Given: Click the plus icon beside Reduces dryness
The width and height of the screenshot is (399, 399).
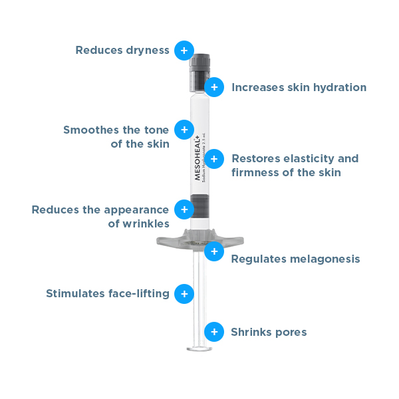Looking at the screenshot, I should [184, 51].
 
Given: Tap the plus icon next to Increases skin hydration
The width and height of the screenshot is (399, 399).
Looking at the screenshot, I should [213, 87].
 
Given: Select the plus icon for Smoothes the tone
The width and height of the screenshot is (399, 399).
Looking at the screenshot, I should [184, 130].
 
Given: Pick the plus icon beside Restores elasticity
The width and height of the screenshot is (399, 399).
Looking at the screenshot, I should [213, 158].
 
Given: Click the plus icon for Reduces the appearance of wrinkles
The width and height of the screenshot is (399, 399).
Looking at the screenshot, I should [184, 209].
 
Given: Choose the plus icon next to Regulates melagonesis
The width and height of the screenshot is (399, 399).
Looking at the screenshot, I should [213, 252].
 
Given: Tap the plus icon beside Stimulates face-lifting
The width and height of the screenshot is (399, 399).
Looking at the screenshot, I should [184, 294].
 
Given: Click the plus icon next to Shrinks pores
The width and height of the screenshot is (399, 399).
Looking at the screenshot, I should [213, 332].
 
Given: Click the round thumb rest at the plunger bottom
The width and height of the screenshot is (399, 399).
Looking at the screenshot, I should [199, 348].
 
